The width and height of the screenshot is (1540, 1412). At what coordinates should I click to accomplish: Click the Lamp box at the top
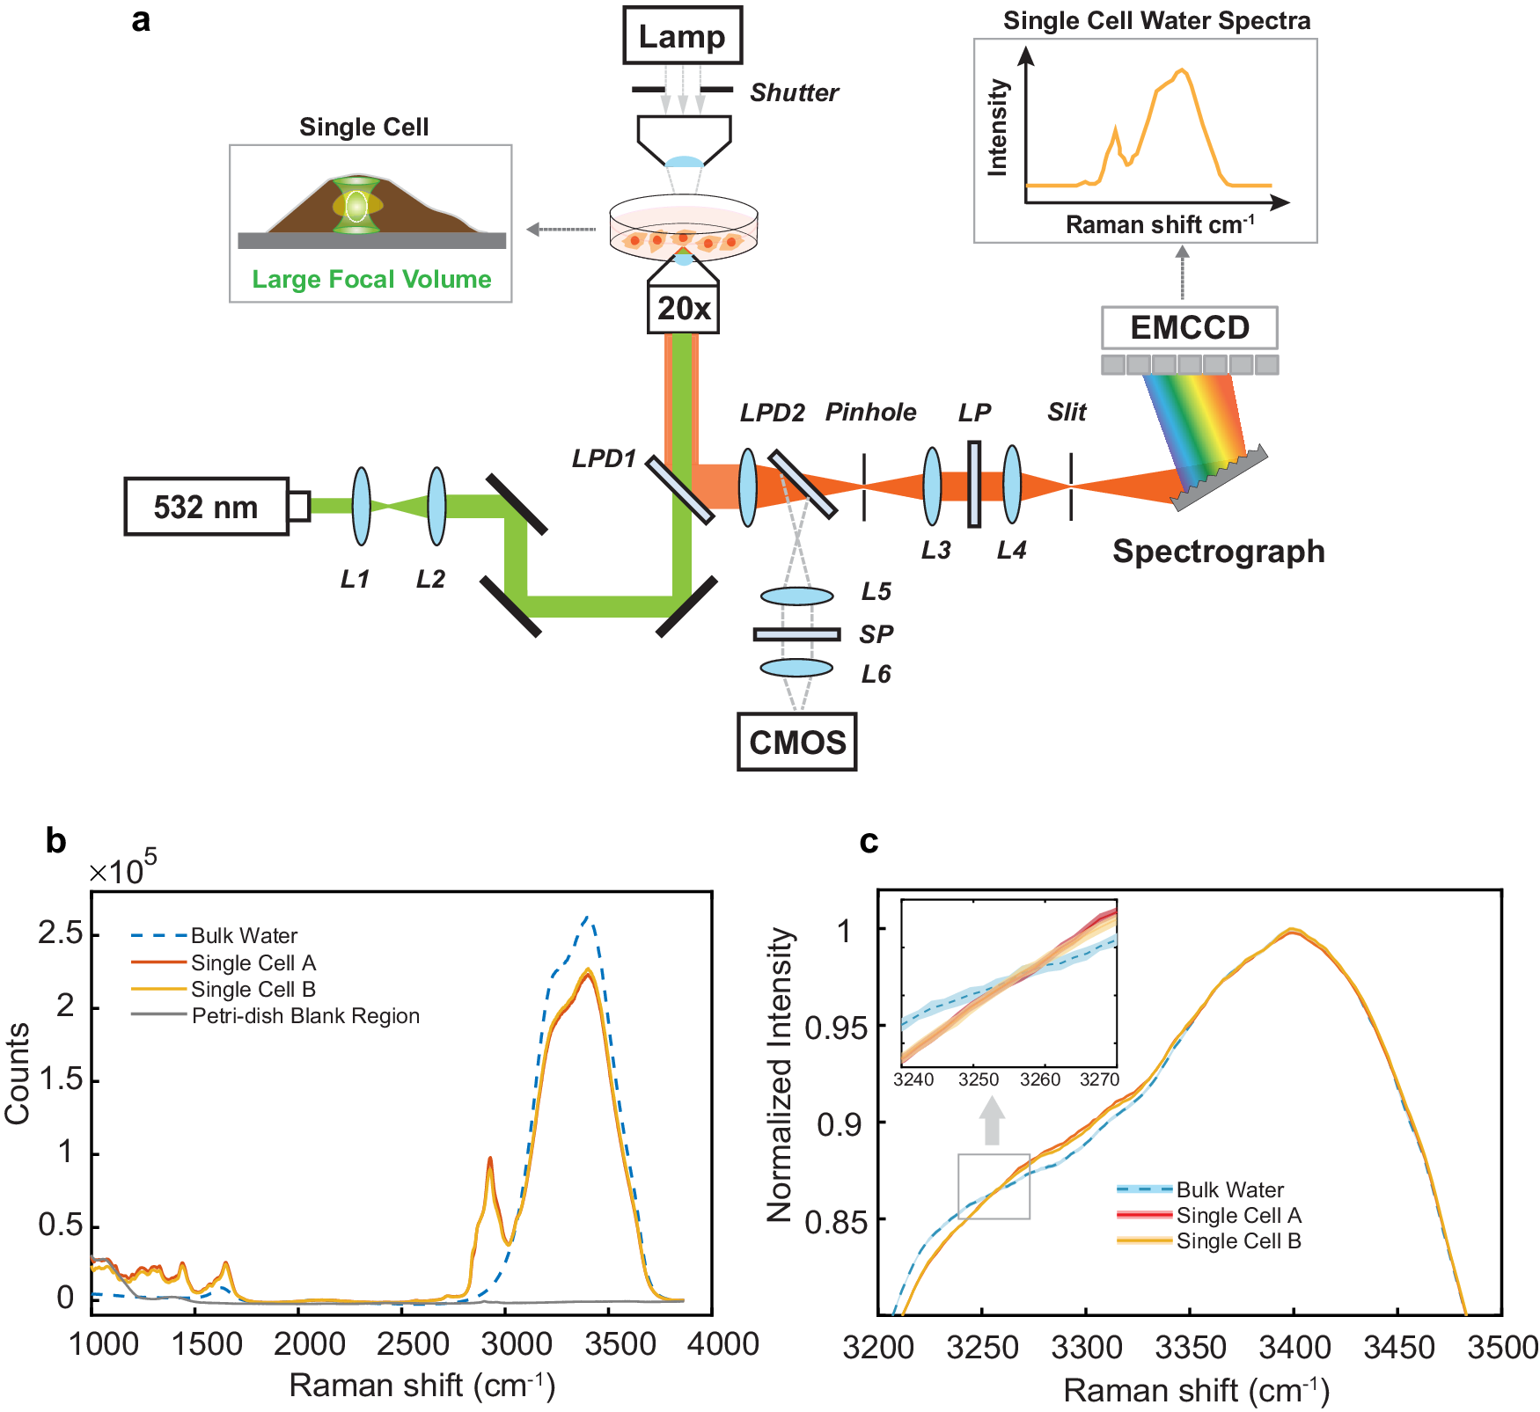click(x=682, y=36)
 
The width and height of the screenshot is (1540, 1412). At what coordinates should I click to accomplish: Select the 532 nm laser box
click(x=206, y=507)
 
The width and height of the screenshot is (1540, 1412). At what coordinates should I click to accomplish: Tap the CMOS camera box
click(x=796, y=743)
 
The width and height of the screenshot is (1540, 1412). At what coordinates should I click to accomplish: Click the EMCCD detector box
click(x=1189, y=328)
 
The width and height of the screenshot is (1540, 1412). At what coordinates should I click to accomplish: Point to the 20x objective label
click(x=683, y=309)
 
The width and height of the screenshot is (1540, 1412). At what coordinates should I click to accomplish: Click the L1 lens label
click(x=356, y=579)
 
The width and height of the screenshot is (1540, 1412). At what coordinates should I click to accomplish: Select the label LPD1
click(x=604, y=458)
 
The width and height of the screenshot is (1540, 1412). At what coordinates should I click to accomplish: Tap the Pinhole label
click(x=870, y=412)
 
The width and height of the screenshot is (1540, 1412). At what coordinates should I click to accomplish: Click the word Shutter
click(x=794, y=92)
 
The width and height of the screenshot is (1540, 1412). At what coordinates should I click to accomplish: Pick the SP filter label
click(x=876, y=634)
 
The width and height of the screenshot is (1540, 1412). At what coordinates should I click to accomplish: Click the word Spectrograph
click(x=1218, y=552)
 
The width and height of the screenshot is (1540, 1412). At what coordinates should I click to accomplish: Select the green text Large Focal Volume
click(x=371, y=280)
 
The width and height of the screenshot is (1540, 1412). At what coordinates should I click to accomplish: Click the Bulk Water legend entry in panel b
click(x=244, y=935)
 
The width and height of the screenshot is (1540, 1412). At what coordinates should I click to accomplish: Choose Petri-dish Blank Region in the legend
click(x=305, y=1016)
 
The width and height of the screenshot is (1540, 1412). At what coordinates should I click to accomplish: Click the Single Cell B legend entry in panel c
click(x=1238, y=1241)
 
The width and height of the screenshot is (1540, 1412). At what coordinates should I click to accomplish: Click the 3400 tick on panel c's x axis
click(x=1294, y=1347)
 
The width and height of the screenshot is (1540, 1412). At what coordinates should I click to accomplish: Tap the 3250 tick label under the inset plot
click(x=979, y=1079)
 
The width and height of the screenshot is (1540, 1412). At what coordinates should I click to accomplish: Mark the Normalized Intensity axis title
click(x=781, y=1074)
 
